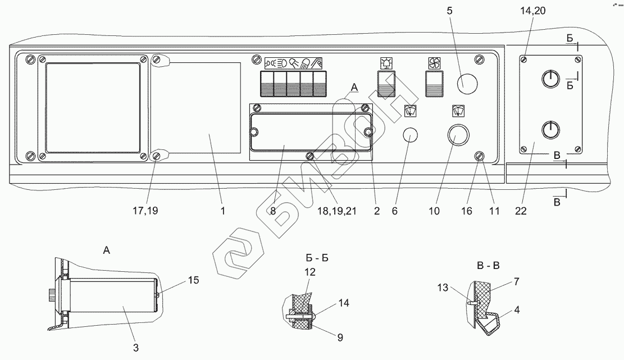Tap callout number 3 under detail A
pos(135,347)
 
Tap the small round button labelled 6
pos(411,135)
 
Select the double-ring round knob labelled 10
pos(457,134)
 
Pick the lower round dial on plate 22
pos(550,130)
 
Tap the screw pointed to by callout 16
pos(480,156)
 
